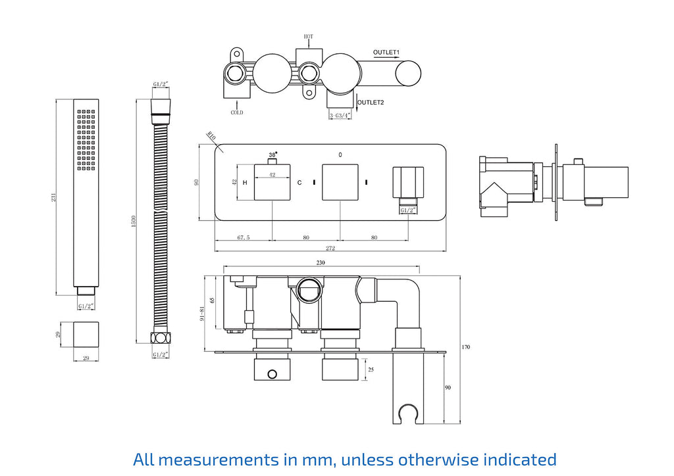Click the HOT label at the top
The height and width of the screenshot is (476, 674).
pyautogui.click(x=309, y=37)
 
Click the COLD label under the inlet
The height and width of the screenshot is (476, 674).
pyautogui.click(x=237, y=112)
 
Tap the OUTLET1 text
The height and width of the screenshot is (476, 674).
pyautogui.click(x=386, y=51)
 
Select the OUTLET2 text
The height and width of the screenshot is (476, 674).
pyautogui.click(x=371, y=102)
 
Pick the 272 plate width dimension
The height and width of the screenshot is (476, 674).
pyautogui.click(x=330, y=248)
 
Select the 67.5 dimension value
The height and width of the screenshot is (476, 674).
pyautogui.click(x=242, y=237)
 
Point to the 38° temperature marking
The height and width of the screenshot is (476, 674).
pyautogui.click(x=272, y=155)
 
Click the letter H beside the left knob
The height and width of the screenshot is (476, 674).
pyautogui.click(x=245, y=181)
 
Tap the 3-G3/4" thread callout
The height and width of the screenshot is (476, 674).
pyautogui.click(x=340, y=115)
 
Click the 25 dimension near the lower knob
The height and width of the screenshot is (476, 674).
pyautogui.click(x=371, y=370)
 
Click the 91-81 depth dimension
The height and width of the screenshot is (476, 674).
pyautogui.click(x=203, y=316)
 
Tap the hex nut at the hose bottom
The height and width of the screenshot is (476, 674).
pyautogui.click(x=159, y=339)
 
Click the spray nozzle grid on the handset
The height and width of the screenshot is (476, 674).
pyautogui.click(x=86, y=139)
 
